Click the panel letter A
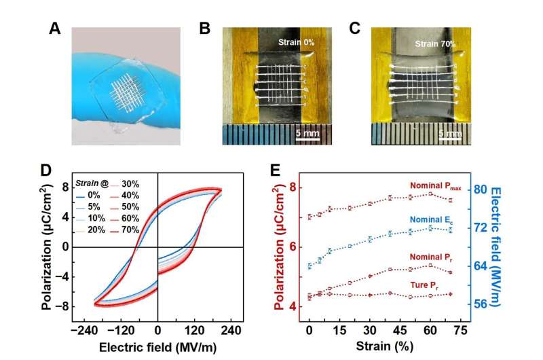56,29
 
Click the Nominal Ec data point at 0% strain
310,266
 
